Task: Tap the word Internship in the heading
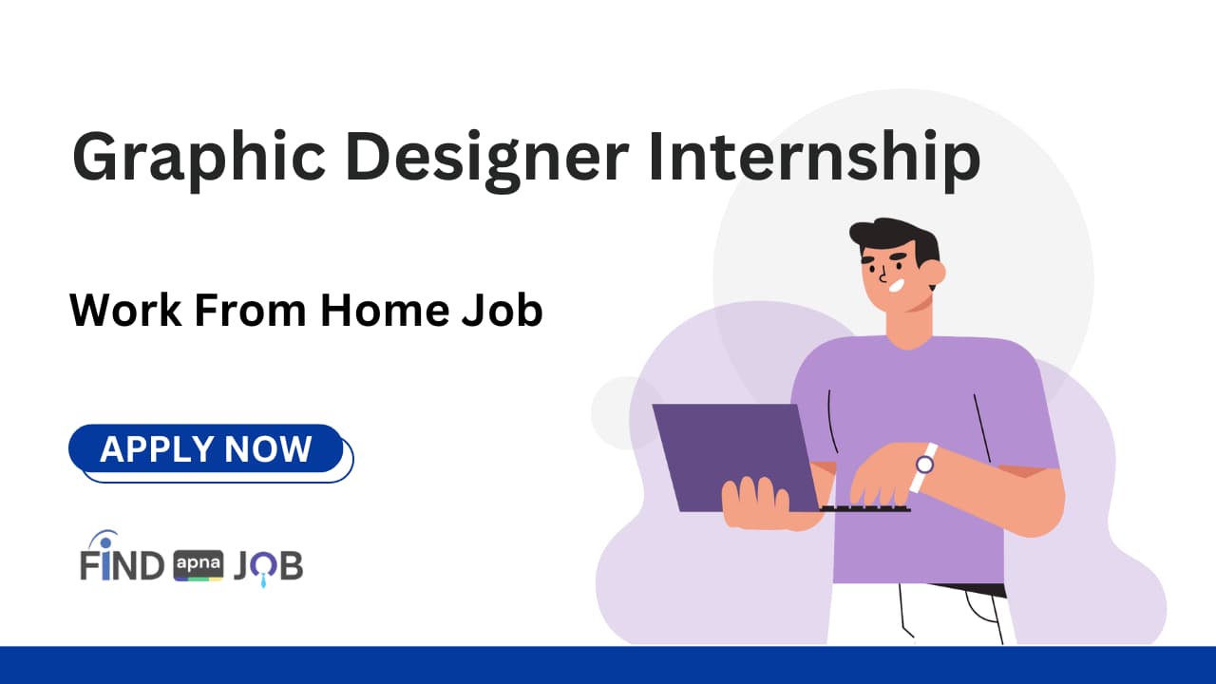tap(813, 158)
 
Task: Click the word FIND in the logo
tap(122, 565)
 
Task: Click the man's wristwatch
tap(924, 465)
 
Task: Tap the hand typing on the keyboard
tap(879, 480)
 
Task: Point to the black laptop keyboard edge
tap(864, 509)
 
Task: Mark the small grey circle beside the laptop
tap(623, 410)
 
